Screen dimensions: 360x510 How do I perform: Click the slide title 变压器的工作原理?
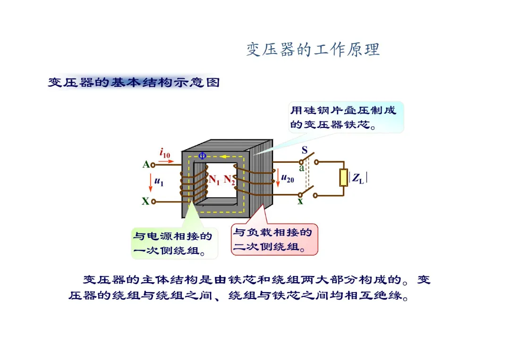click(x=313, y=50)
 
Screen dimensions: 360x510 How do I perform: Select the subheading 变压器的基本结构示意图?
click(x=134, y=83)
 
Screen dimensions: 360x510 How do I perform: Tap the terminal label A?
click(x=146, y=165)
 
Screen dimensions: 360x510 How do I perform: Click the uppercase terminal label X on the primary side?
click(x=145, y=201)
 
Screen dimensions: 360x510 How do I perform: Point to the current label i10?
click(x=165, y=153)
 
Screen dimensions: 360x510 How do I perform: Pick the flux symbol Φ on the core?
click(x=202, y=156)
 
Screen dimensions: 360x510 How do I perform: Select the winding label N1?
click(x=214, y=180)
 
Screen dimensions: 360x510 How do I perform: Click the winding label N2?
click(x=229, y=180)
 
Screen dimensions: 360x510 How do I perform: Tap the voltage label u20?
click(x=288, y=178)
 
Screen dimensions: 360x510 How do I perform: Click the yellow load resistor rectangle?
click(x=344, y=177)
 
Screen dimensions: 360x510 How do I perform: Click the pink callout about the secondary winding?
click(x=274, y=240)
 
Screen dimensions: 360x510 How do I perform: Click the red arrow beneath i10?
click(x=167, y=161)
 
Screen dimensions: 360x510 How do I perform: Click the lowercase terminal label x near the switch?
click(x=300, y=201)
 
